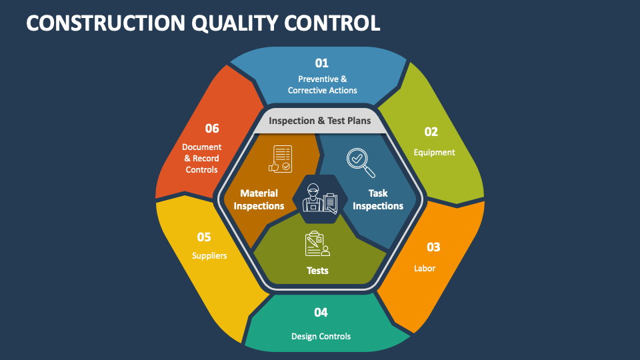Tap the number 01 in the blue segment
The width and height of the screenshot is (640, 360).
321,63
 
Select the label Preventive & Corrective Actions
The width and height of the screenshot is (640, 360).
323,85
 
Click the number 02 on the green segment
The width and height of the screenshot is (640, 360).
431,132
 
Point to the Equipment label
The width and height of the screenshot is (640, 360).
434,152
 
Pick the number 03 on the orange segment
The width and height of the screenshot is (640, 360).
433,247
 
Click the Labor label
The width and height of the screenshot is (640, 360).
425,268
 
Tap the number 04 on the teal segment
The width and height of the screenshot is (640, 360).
321,313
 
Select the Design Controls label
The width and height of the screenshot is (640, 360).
321,336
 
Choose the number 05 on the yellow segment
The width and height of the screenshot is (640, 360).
204,237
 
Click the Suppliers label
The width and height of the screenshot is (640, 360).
209,256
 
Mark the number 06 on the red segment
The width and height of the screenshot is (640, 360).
212,129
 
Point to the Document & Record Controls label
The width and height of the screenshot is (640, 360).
201,159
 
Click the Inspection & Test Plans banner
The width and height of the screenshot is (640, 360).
319,121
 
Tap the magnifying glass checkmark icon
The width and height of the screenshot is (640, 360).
361,163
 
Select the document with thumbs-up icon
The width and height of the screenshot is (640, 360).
281,159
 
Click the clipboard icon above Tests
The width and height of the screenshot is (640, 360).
317,244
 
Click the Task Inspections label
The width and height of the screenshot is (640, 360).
378,199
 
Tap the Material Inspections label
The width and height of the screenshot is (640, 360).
259,199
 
